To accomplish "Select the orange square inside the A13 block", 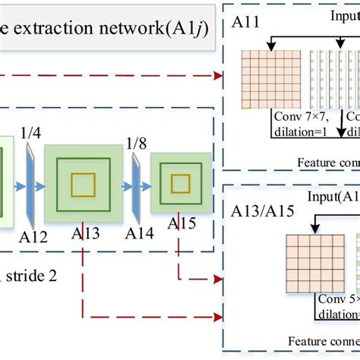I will click(83, 184).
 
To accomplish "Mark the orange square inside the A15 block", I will click(180, 183).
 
